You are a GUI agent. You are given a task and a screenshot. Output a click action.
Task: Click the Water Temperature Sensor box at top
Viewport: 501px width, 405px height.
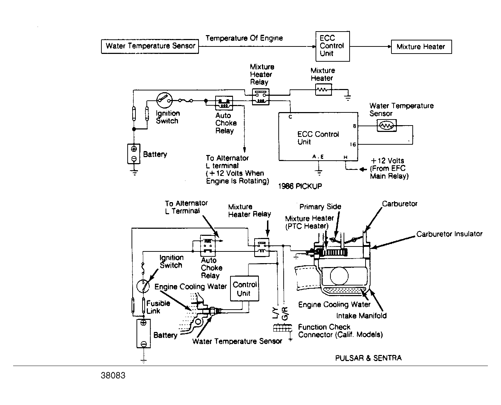coord(150,46)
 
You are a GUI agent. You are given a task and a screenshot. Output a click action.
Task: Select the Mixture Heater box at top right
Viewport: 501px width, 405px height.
coord(421,47)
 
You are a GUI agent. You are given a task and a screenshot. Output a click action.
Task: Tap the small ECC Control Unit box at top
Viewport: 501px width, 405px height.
coord(332,46)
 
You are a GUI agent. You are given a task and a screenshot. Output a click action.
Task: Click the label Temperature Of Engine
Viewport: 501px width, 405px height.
coord(244,38)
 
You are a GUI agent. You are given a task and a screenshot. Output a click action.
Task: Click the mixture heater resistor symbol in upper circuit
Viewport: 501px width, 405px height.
coord(323,90)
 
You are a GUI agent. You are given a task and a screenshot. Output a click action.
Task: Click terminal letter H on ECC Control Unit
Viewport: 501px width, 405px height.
coord(345,157)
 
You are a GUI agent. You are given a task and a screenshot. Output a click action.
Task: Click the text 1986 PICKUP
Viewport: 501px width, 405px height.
coord(300,186)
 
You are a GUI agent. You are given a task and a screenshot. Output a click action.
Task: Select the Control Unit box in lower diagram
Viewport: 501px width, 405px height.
coord(244,289)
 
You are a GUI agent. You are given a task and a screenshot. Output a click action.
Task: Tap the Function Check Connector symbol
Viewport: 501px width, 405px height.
coord(283,328)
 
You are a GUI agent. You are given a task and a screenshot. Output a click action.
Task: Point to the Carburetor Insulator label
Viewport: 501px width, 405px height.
coord(449,234)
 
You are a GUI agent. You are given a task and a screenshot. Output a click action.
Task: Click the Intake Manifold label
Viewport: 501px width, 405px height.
coord(361,315)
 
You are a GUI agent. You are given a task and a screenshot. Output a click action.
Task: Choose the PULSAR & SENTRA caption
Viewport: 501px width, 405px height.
coord(368,358)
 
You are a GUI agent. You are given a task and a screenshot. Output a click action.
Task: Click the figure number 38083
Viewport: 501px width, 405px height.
coord(113,376)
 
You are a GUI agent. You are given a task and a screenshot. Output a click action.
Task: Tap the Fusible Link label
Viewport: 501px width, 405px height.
coord(158,307)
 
